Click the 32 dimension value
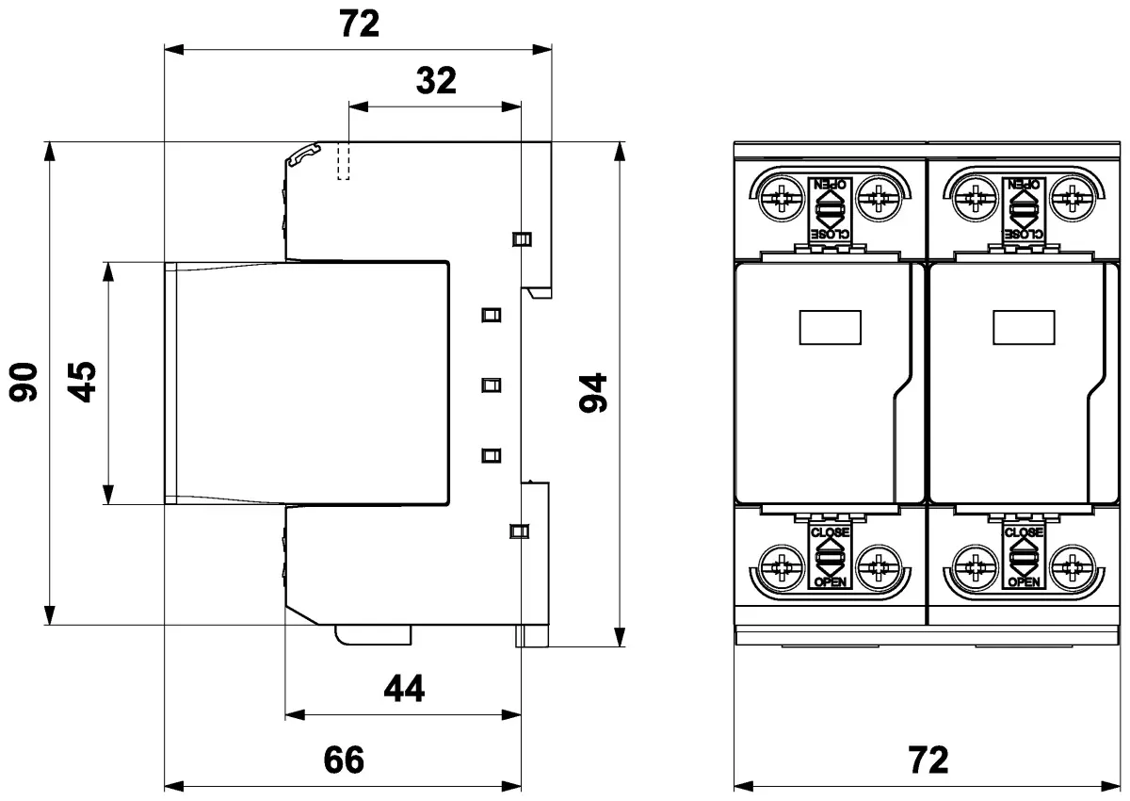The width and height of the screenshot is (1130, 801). coord(436,82)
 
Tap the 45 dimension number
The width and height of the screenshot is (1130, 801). coord(85,382)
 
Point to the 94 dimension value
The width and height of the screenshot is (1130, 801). coord(594,393)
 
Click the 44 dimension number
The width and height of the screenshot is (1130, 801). coord(404,690)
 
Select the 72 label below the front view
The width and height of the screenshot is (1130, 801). coord(928,760)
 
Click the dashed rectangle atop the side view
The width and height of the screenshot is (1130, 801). coord(344,161)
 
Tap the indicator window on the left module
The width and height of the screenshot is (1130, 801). coord(831,328)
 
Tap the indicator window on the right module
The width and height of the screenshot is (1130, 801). coord(1025,328)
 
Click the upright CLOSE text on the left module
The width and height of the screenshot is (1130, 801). coord(830,532)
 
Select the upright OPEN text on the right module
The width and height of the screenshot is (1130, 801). coord(1025,582)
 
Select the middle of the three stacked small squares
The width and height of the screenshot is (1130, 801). coord(490,384)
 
